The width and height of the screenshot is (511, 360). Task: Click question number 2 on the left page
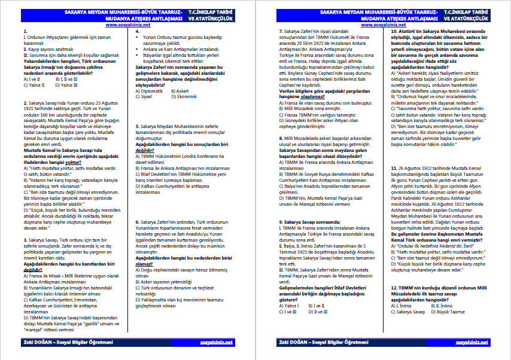22,102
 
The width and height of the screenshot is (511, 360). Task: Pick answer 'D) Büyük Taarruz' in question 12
453,312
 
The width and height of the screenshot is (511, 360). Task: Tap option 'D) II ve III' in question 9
317,312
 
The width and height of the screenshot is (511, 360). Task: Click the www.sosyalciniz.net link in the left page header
127,25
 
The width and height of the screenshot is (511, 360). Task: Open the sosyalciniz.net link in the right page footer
472,343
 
